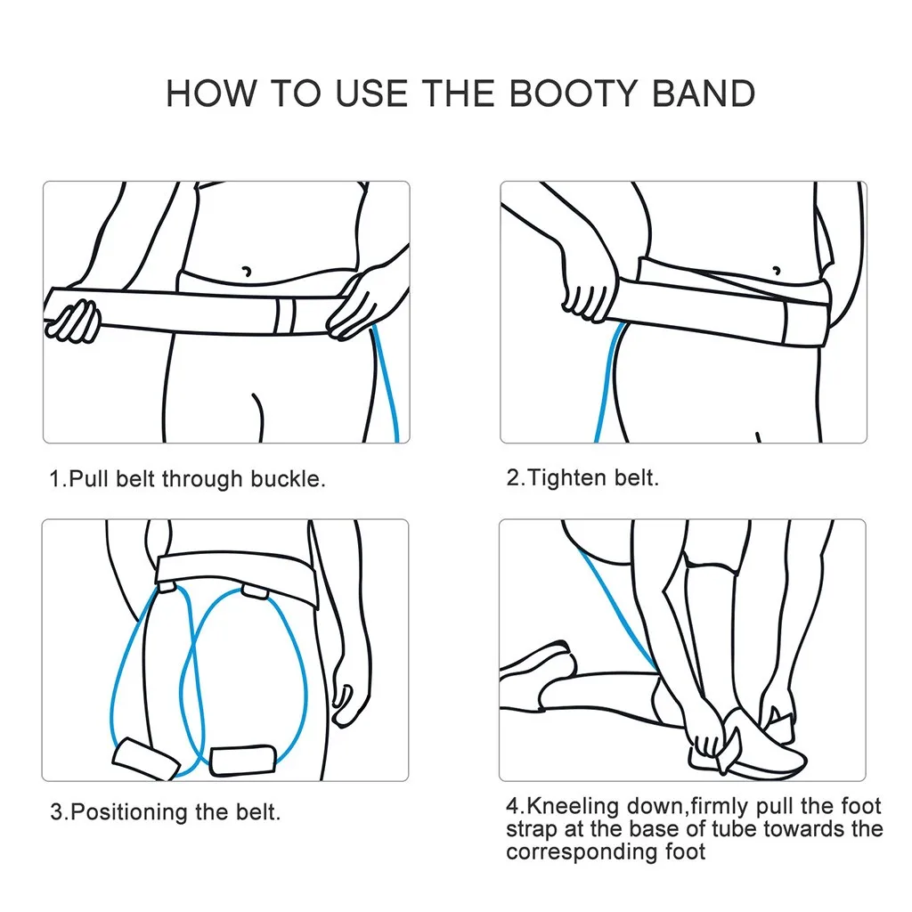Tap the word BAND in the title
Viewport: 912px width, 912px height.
704,93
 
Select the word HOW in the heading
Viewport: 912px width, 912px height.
211,93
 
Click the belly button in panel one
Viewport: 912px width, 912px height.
247,271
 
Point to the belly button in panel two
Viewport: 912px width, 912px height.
776,271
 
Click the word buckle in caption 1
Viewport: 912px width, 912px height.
288,478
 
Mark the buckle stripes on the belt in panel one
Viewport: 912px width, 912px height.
285,316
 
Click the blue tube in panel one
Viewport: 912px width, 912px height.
387,383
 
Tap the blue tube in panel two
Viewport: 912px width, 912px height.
606,381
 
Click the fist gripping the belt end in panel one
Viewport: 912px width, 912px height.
73,321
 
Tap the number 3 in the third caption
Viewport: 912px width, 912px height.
56,812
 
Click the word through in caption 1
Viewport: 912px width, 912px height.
202,478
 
